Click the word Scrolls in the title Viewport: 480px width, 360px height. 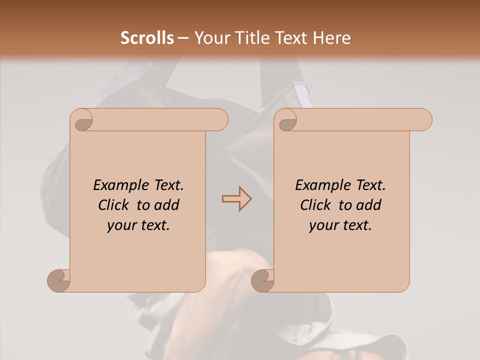tap(147, 38)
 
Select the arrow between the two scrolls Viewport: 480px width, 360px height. tap(236, 199)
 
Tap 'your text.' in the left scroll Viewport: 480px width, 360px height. tap(138, 225)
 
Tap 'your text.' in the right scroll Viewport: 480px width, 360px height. tap(340, 225)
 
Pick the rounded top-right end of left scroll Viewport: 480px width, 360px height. tap(220, 120)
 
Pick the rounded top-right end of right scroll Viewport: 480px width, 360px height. tap(424, 120)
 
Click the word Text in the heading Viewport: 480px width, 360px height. tap(288, 38)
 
